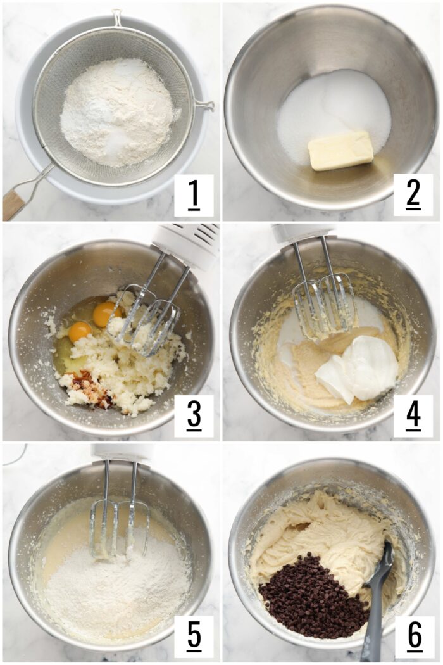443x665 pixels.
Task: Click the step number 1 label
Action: (194, 196)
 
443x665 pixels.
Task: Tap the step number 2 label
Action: (413, 196)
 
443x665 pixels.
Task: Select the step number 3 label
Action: (194, 416)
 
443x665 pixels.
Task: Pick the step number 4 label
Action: (413, 416)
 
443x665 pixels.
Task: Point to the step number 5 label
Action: (194, 636)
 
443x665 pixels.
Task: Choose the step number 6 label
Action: (415, 636)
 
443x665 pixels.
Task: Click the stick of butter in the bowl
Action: (340, 151)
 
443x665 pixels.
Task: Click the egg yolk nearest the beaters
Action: (104, 313)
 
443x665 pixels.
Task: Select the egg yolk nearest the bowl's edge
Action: (80, 331)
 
